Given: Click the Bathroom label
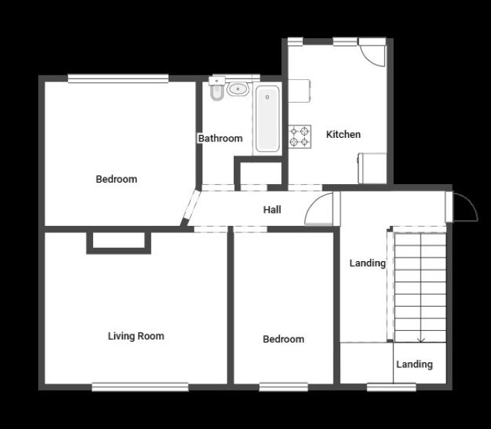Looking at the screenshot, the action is click(221, 138).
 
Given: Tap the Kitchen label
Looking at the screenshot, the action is click(343, 134).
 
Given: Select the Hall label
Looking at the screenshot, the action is click(272, 210).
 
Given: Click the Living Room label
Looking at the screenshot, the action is click(136, 336).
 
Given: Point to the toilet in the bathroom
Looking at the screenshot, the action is click(217, 89).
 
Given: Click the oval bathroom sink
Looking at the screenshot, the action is click(237, 89).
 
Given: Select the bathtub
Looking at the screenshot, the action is click(267, 119).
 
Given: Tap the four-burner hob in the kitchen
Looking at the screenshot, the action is click(300, 136).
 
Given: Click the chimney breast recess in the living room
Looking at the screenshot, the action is click(119, 241).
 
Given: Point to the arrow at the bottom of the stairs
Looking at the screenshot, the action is click(421, 340).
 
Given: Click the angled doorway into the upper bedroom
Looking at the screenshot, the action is click(191, 208).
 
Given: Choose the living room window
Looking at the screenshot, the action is click(140, 387).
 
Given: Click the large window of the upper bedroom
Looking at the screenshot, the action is click(119, 78).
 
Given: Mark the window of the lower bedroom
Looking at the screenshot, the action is click(284, 387).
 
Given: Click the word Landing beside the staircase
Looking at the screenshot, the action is click(367, 263).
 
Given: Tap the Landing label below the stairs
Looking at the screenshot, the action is click(414, 364).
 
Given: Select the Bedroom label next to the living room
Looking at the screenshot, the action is click(284, 339).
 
